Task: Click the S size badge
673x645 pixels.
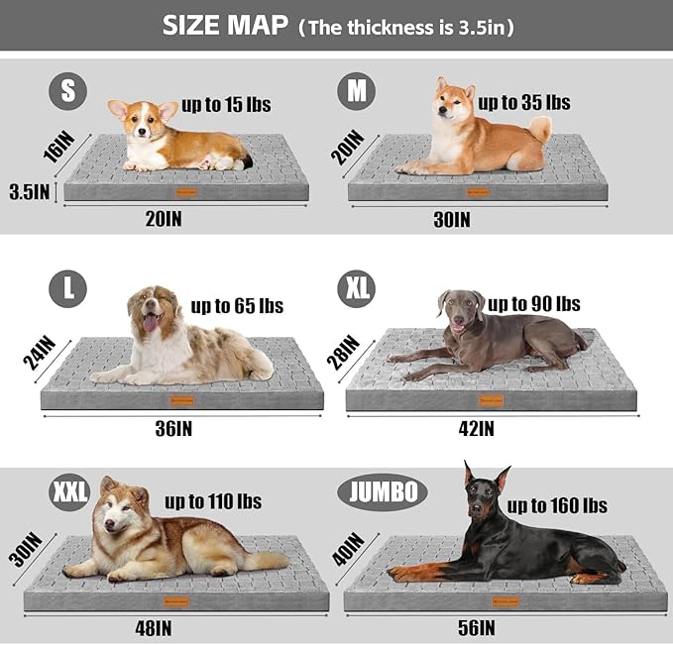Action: (67, 93)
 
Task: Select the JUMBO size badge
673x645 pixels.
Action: (382, 491)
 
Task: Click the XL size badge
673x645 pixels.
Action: (355, 289)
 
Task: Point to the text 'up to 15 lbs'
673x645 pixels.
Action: (226, 104)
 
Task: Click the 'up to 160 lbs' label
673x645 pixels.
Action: (557, 505)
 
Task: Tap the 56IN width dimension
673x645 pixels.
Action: (477, 627)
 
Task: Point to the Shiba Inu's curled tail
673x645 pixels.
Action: (539, 127)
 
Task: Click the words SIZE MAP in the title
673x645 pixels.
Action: (225, 27)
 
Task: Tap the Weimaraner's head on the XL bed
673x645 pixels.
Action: (461, 310)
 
